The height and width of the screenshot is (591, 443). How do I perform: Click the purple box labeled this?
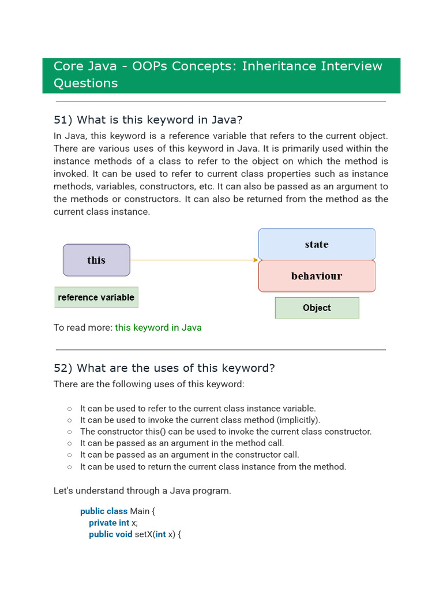96,260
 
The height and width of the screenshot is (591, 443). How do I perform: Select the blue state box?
317,244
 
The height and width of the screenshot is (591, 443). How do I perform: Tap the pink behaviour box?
317,276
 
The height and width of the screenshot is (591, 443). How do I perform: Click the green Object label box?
317,308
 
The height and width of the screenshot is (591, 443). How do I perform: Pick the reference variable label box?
96,297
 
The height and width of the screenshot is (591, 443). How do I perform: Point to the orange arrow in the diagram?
194,260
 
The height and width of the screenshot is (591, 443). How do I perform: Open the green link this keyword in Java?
158,327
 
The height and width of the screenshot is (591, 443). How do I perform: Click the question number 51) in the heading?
62,120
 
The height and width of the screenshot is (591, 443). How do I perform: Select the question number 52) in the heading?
62,368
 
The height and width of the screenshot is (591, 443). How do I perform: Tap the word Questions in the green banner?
85,83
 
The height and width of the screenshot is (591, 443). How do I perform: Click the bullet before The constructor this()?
69,432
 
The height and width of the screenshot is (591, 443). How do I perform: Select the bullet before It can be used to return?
69,467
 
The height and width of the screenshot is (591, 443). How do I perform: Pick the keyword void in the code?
123,534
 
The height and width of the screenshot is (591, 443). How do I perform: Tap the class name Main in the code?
140,511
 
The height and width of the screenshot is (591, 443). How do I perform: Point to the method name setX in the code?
144,534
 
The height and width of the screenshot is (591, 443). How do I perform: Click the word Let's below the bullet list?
63,491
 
